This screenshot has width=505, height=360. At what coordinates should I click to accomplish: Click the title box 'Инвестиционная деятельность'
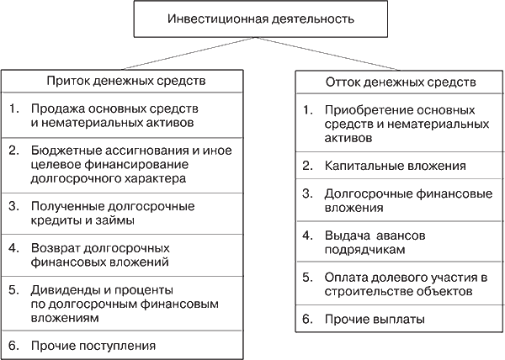click(x=261, y=19)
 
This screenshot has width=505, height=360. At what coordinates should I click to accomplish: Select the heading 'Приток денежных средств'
click(x=126, y=81)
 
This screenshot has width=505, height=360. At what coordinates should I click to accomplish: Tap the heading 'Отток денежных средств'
click(x=401, y=82)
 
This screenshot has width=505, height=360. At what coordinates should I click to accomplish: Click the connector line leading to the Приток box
click(x=189, y=53)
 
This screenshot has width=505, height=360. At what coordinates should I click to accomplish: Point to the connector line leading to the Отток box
click(x=328, y=54)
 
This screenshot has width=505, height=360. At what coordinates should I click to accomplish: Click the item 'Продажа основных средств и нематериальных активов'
click(x=114, y=116)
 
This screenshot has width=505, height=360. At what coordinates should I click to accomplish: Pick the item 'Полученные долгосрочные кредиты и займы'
click(x=113, y=214)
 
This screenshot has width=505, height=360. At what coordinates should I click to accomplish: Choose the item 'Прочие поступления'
click(x=93, y=347)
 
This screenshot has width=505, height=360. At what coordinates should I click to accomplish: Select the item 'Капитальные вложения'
click(x=396, y=166)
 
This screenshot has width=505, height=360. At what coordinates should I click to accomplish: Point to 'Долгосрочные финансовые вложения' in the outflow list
click(x=408, y=201)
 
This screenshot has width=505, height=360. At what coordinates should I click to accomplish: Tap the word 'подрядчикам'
click(x=364, y=250)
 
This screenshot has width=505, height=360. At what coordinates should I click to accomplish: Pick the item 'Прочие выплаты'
click(x=375, y=319)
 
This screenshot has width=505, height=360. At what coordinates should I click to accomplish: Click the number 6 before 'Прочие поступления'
click(x=13, y=346)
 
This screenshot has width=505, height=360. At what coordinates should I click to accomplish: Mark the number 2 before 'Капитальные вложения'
click(x=307, y=166)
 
